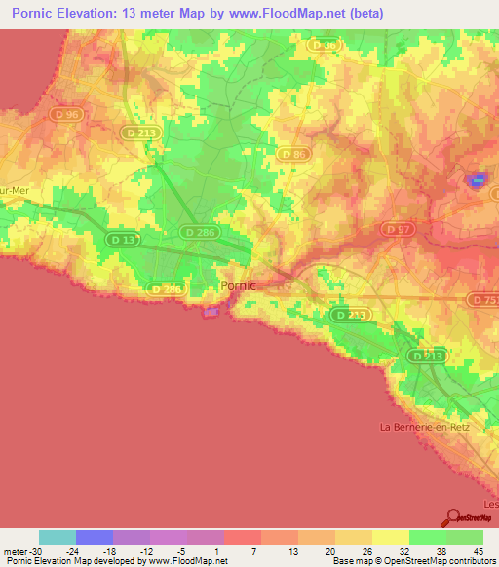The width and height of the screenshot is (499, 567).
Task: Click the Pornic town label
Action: pyautogui.click(x=239, y=286)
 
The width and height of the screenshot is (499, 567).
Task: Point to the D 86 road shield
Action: pyautogui.click(x=292, y=154)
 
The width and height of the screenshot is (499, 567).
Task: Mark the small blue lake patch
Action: pyautogui.click(x=477, y=180)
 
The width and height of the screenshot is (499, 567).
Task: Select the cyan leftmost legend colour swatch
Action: pyautogui.click(x=58, y=537)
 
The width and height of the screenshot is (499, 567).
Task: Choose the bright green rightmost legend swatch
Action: pyautogui.click(x=465, y=537)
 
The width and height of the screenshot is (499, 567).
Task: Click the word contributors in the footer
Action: pyautogui.click(x=468, y=561)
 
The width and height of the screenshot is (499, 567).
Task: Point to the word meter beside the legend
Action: pyautogui.click(x=13, y=550)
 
